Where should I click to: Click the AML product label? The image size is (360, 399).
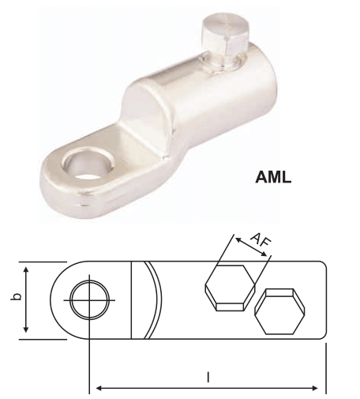point(273,177)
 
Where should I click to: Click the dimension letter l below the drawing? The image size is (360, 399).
point(208,378)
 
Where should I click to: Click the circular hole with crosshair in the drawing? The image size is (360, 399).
point(87,300)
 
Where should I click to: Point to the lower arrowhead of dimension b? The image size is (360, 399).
point(28,330)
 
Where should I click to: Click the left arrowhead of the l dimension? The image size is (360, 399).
point(98,388)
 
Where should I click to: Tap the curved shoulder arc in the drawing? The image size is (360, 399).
point(156,300)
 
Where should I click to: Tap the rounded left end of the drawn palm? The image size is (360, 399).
point(54,300)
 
